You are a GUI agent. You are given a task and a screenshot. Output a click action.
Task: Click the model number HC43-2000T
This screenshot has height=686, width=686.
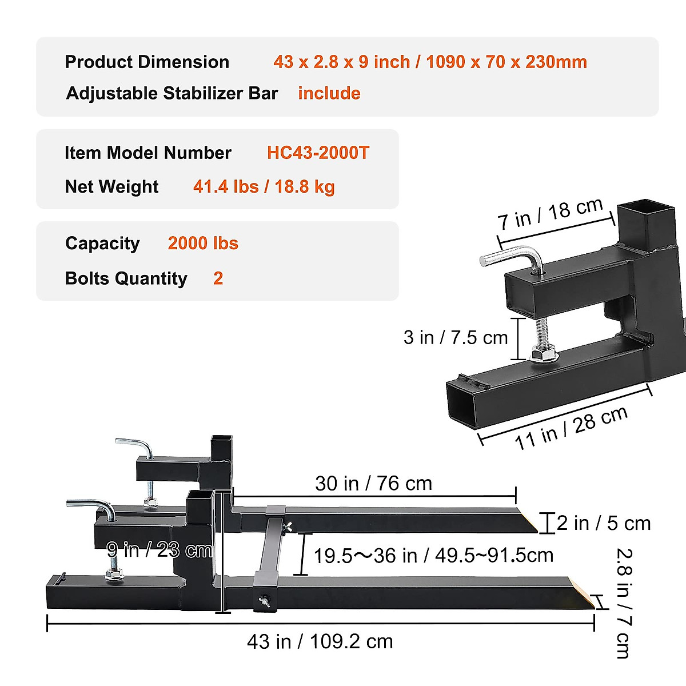(x=318, y=153)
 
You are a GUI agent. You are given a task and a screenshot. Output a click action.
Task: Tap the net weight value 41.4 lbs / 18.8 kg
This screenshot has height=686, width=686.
(x=264, y=187)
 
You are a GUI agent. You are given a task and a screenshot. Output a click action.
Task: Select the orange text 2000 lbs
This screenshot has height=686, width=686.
(x=203, y=244)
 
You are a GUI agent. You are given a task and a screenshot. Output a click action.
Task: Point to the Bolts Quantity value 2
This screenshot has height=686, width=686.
(x=218, y=278)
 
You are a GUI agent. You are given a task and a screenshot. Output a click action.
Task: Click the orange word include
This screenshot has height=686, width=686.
(x=329, y=93)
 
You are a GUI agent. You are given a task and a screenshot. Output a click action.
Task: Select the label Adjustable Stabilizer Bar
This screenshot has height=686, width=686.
(x=172, y=93)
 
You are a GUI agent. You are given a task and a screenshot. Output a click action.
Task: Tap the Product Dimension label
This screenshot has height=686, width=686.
(x=147, y=62)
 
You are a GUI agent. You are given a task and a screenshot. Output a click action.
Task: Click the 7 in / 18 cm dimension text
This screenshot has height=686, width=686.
(x=550, y=214)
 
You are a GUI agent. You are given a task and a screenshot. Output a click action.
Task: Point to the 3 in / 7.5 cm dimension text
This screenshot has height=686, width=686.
(x=456, y=337)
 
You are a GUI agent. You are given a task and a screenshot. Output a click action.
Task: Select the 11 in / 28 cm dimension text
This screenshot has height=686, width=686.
(x=571, y=428)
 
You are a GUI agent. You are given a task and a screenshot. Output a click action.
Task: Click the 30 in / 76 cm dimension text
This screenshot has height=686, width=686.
(x=373, y=484)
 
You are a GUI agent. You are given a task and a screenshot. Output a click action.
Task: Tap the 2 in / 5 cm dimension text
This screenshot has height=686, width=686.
(x=604, y=523)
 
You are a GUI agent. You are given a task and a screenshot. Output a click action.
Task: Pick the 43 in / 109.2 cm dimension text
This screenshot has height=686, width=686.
(x=320, y=641)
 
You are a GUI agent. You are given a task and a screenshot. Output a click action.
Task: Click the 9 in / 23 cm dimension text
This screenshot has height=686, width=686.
(x=159, y=550)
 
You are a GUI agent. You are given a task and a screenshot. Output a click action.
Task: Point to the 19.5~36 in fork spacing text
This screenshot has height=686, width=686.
(x=433, y=555)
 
